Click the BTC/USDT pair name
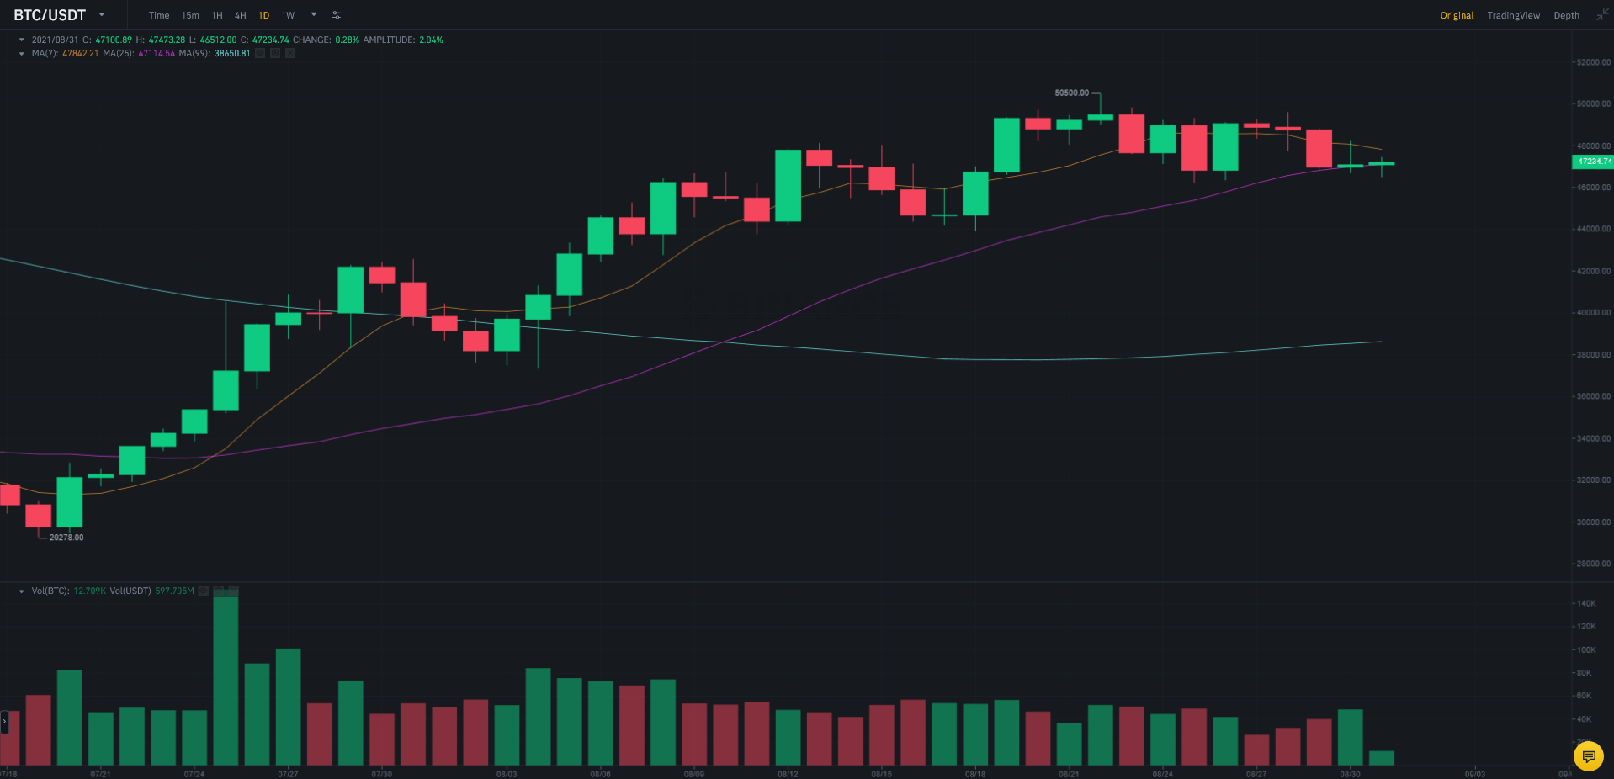point(50,15)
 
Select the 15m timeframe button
point(190,15)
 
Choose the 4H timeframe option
point(241,15)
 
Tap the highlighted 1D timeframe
point(263,15)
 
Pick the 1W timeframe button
point(288,15)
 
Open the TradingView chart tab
point(1513,15)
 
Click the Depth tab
point(1566,15)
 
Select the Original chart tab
point(1457,15)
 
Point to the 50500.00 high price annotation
point(1071,93)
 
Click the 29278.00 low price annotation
point(66,538)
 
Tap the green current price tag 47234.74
point(1593,162)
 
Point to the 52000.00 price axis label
point(1593,62)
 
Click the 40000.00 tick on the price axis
point(1593,313)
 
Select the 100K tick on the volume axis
point(1586,650)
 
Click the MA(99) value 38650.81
point(232,53)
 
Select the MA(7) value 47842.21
point(80,53)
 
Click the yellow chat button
point(1588,756)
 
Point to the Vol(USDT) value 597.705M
point(174,591)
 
